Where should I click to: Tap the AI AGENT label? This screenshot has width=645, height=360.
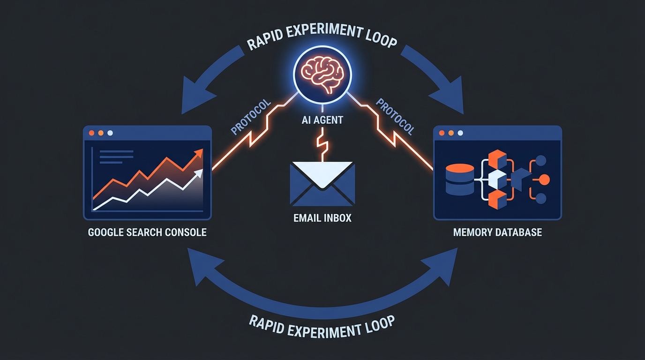point(322,120)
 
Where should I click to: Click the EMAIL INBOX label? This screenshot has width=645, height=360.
point(322,218)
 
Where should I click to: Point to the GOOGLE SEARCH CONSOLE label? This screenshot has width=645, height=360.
point(147,232)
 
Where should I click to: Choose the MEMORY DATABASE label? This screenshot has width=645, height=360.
point(497,232)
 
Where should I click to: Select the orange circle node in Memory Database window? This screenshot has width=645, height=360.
point(544,179)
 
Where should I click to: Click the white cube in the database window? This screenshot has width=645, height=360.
point(496,179)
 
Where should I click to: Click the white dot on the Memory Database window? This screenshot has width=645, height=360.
point(461,133)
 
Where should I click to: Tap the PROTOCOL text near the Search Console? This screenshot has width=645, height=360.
point(251,117)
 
